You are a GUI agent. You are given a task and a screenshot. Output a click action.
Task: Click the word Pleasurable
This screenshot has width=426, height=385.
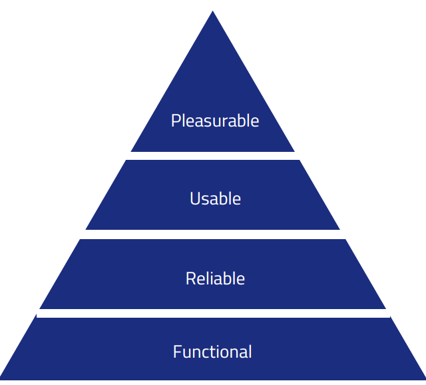214,121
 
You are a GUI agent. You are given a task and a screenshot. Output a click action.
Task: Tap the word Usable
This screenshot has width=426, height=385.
215,198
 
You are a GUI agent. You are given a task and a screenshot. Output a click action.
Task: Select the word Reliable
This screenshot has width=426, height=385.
215,278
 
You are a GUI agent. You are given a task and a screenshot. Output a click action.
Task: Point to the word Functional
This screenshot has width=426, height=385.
212,351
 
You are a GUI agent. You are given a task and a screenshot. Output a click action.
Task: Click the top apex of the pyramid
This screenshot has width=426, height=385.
213,12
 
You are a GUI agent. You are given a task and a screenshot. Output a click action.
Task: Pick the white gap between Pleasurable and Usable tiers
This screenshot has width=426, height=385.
213,156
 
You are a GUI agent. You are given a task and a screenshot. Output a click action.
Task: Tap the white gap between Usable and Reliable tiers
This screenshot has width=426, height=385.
213,234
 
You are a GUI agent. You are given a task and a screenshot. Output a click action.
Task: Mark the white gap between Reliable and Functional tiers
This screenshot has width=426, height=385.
213,313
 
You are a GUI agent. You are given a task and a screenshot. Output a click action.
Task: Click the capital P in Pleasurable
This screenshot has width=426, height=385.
176,121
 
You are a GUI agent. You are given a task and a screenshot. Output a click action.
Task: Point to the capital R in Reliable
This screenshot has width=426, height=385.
190,278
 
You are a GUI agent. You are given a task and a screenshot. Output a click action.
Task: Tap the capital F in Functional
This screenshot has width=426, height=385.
177,351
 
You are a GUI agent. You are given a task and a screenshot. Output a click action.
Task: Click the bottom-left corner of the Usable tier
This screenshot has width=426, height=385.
87,229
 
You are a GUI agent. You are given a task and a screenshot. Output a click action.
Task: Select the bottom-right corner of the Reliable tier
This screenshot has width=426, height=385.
385,308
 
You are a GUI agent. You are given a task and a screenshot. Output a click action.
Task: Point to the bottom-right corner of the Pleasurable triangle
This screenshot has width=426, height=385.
294,151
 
